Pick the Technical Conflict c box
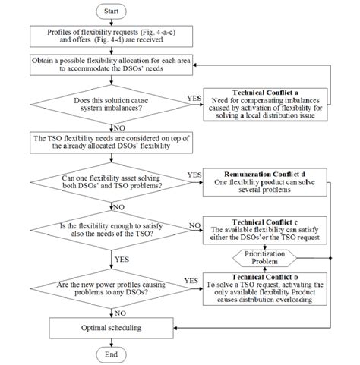tap(267, 229)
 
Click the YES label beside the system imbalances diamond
tap(193, 98)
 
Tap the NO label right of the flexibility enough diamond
tap(193, 223)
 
